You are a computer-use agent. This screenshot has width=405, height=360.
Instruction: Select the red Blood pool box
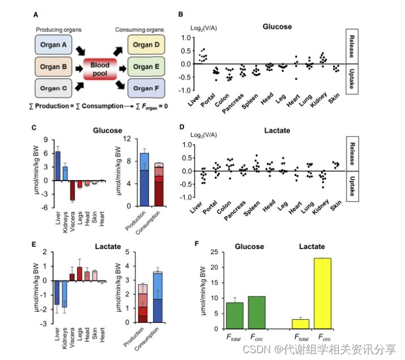tap(100, 69)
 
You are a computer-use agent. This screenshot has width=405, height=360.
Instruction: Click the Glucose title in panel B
tap(278, 26)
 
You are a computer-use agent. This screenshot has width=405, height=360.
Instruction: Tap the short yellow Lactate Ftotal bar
tap(300, 324)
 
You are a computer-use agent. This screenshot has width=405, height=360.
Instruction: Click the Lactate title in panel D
tap(278, 131)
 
